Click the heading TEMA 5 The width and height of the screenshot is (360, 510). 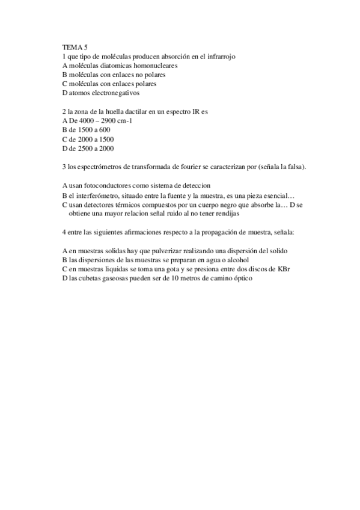[x=75, y=47]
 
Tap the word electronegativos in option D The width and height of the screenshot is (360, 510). [x=115, y=93]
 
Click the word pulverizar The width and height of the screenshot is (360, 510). [x=165, y=251]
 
